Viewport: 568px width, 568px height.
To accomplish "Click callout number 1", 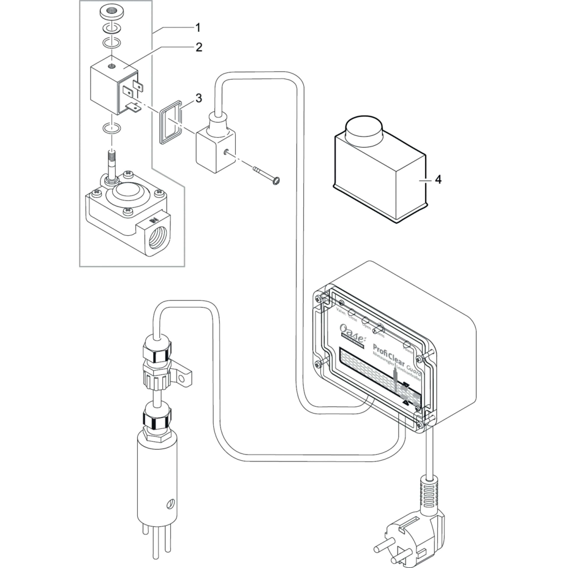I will [x=198, y=28].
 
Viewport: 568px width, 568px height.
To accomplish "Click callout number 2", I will [x=199, y=47].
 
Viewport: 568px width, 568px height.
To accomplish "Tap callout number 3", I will [x=199, y=98].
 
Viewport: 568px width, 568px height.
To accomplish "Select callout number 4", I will [x=438, y=179].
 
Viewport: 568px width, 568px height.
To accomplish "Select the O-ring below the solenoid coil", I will [x=112, y=128].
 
